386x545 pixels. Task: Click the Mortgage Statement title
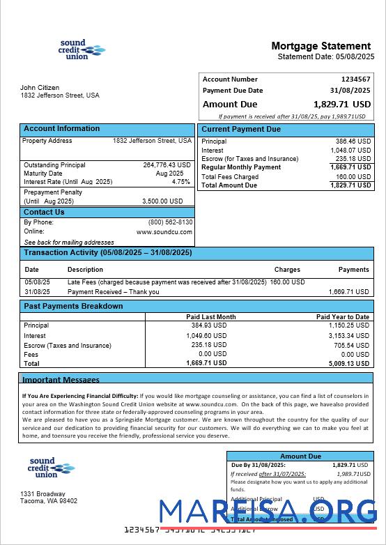pos(321,46)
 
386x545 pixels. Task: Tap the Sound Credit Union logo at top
pos(82,49)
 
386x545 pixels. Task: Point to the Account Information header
pos(61,129)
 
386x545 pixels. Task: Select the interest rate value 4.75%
pos(181,182)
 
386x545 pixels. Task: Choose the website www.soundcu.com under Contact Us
pos(164,231)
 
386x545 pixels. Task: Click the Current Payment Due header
pos(241,130)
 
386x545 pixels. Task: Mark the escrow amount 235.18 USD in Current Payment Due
pos(353,159)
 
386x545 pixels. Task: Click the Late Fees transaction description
pos(167,282)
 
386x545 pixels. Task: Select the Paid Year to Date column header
pos(342,317)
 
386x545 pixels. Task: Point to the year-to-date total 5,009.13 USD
pos(349,363)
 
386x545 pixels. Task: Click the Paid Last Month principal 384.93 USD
pos(209,325)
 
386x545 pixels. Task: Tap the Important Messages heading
pos(61,380)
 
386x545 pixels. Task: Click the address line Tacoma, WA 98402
pos(49,501)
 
